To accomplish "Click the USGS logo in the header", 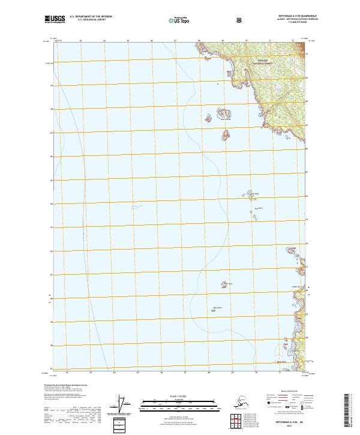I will tap(55, 20).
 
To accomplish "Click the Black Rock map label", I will tap(218, 308).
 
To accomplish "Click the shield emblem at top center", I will tap(238, 20).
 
